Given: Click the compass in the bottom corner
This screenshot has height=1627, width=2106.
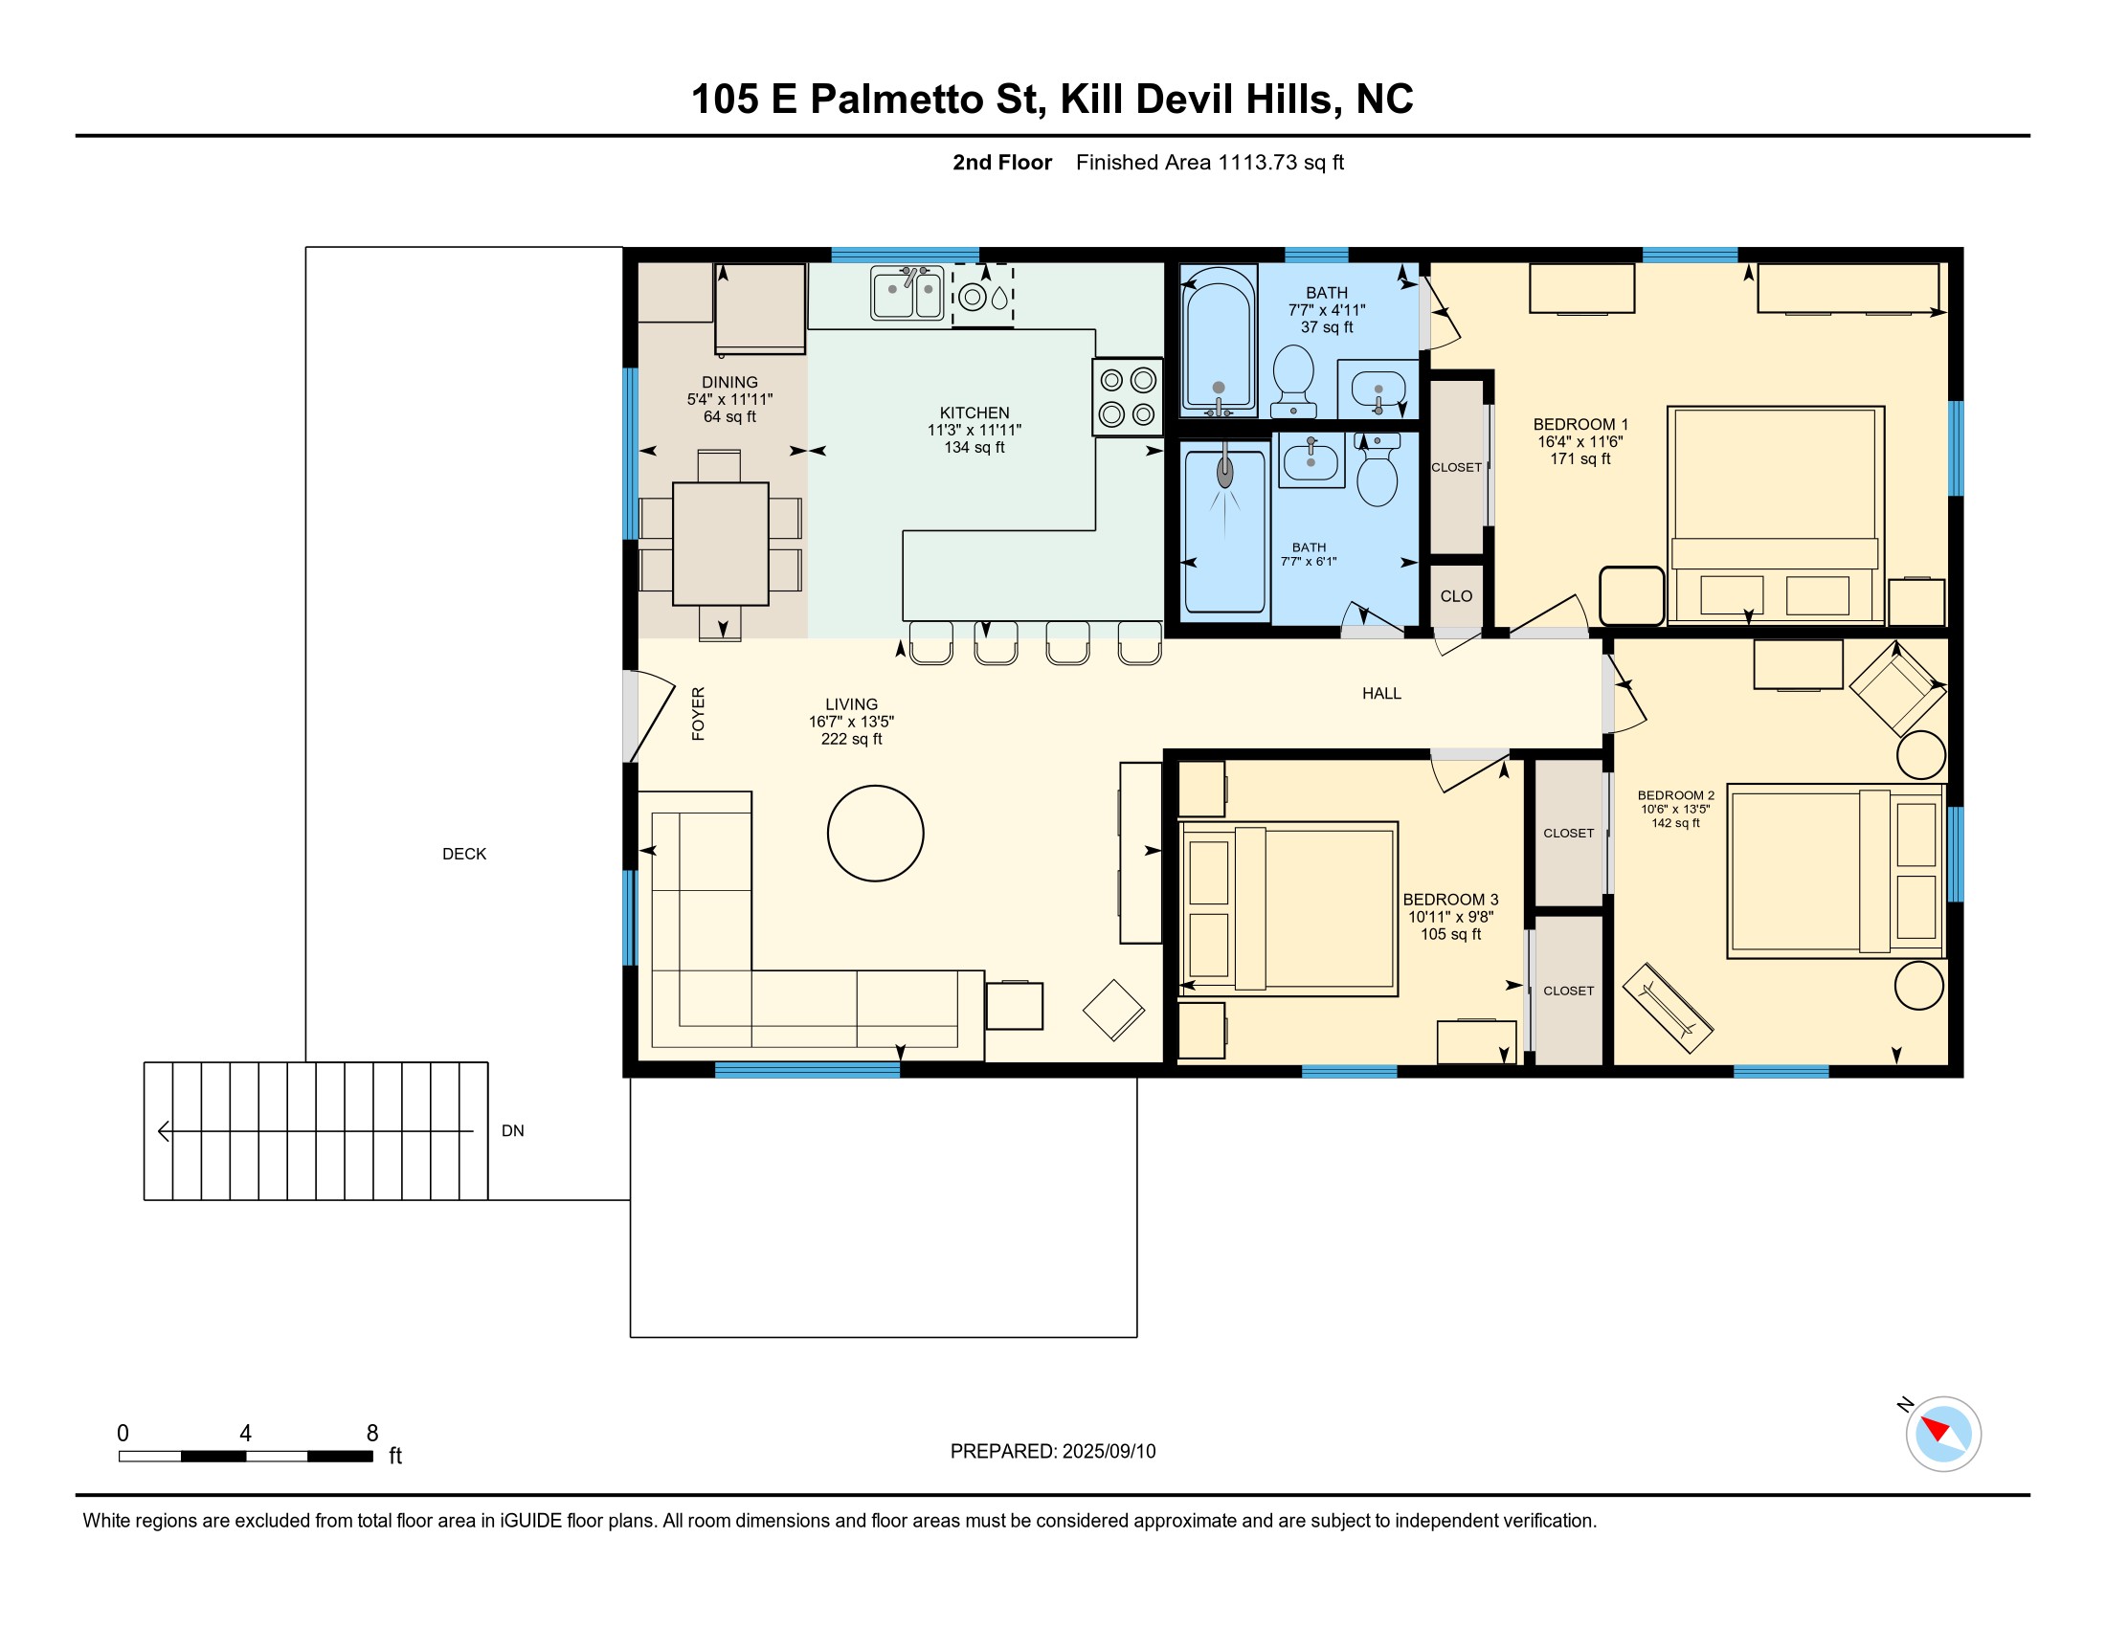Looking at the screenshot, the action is click(1942, 1434).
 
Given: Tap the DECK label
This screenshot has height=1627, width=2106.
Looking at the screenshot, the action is click(464, 854).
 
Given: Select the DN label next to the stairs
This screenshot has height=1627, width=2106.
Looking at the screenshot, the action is click(513, 1130).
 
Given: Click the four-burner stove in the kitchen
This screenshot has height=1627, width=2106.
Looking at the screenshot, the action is click(1128, 397).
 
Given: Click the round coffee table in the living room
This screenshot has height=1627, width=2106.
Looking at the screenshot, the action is click(876, 833).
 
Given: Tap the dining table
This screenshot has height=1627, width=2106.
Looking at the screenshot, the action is click(720, 544).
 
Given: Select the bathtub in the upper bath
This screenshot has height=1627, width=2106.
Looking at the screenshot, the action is click(1219, 342).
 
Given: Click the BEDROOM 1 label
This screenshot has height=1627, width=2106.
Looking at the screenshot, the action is click(1580, 424).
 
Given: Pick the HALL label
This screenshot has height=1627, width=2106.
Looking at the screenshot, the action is click(1381, 693).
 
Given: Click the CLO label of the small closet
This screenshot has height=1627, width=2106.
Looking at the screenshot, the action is click(1456, 595).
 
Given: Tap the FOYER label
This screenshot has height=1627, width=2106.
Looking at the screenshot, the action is click(698, 713).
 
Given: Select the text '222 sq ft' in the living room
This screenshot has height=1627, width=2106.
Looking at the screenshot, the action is click(851, 739).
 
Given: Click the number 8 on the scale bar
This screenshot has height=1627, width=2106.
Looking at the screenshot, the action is click(372, 1434).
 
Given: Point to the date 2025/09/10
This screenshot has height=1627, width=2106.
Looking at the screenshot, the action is click(1109, 1452).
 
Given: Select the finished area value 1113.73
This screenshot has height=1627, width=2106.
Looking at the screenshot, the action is click(1258, 162).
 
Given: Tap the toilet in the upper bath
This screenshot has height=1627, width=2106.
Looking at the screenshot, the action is click(1294, 381).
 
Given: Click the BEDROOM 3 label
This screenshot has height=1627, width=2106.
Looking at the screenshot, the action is click(1450, 900).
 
